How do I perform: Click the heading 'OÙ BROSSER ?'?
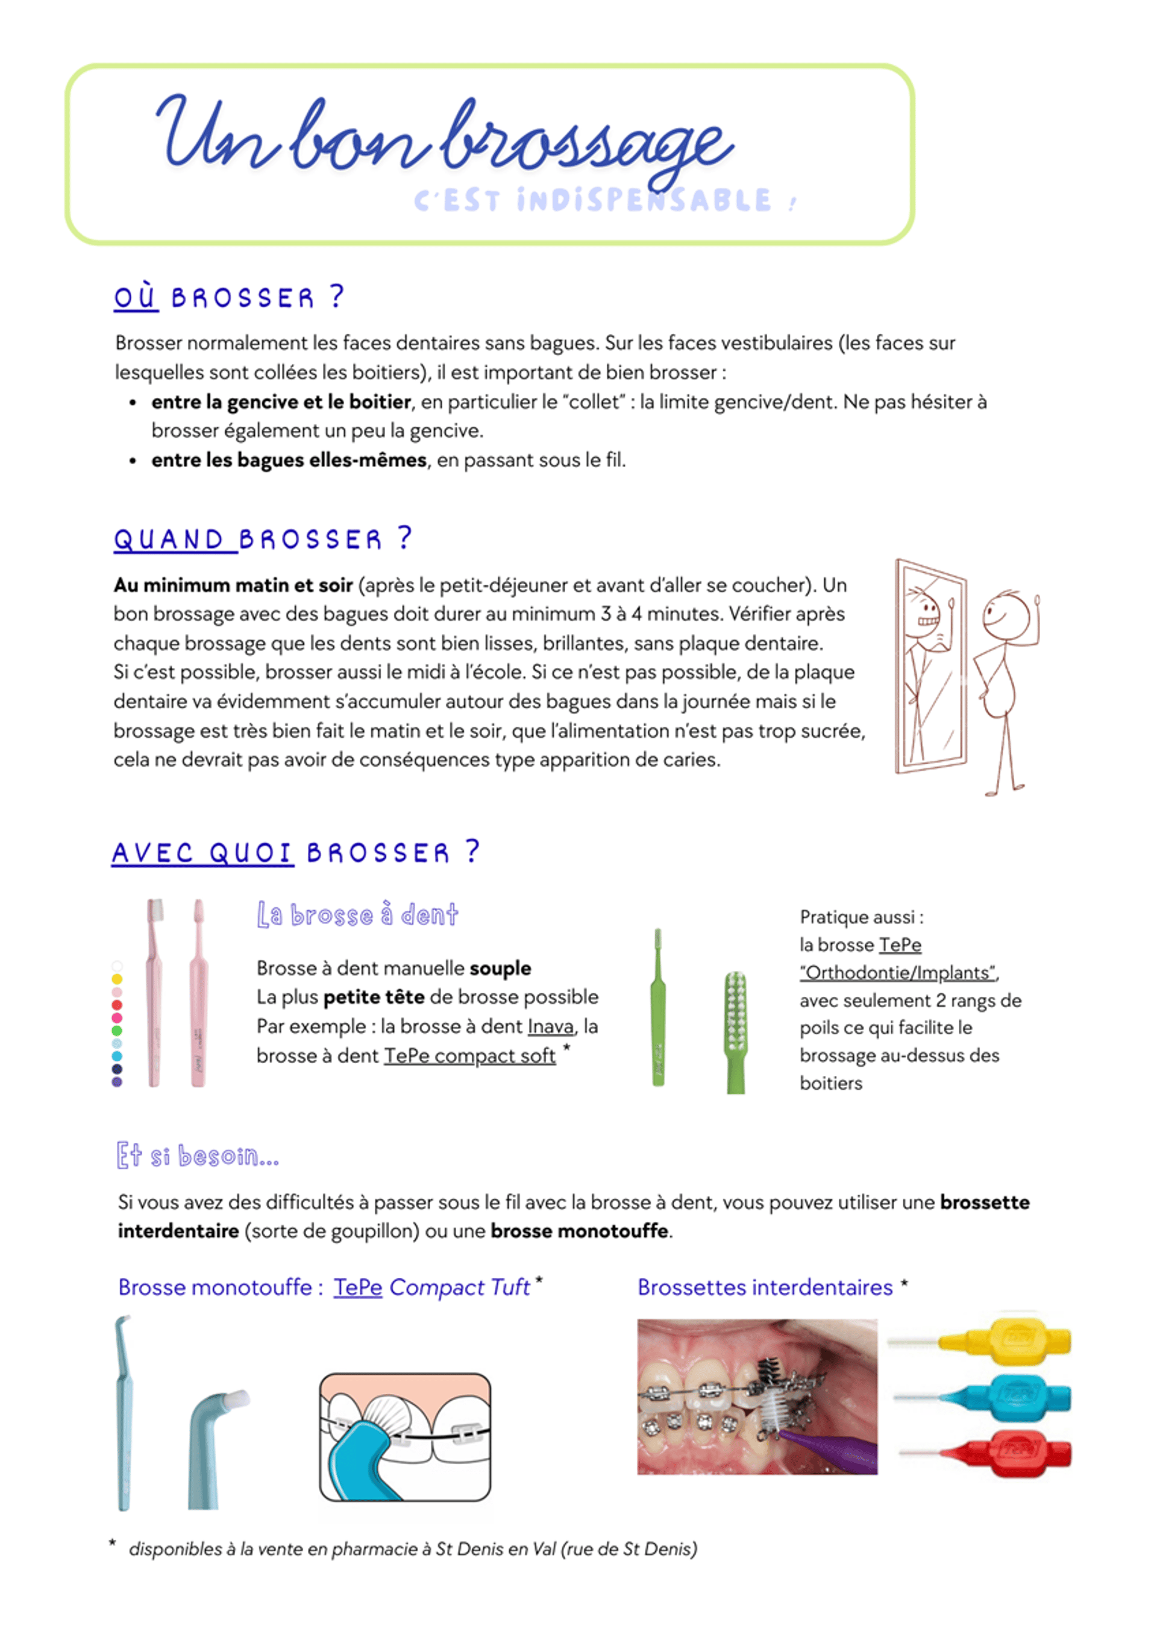(229, 297)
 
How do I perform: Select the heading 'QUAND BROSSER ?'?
(262, 539)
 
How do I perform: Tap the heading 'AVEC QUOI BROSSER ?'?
(295, 852)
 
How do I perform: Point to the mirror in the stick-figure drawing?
(930, 667)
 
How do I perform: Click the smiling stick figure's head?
(1006, 616)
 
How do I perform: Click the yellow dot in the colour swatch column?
(117, 979)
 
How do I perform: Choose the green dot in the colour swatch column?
(117, 1030)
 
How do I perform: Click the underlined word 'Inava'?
(550, 1026)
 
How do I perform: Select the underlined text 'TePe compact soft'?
(470, 1056)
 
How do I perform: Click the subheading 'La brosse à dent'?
(357, 915)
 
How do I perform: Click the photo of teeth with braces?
(756, 1396)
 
